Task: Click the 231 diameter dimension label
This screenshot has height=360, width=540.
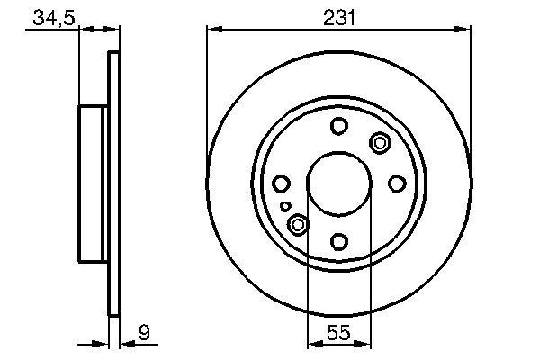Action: tap(338, 15)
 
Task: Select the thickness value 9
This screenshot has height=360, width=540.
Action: tap(142, 334)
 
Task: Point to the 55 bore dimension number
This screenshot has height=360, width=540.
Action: tap(338, 334)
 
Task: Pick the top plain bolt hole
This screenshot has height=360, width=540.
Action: tap(338, 126)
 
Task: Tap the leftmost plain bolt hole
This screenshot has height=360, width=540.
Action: tap(281, 184)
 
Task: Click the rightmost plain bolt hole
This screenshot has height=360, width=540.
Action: tap(397, 184)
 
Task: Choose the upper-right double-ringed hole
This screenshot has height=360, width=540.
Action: tap(380, 142)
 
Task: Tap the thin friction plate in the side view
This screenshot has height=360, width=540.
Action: tap(114, 184)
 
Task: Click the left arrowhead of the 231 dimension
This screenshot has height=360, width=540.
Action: tap(213, 30)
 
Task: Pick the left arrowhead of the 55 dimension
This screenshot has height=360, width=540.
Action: tap(313, 344)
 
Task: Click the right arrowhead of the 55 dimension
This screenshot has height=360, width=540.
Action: tap(364, 344)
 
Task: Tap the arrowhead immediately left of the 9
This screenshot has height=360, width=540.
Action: tap(125, 343)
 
